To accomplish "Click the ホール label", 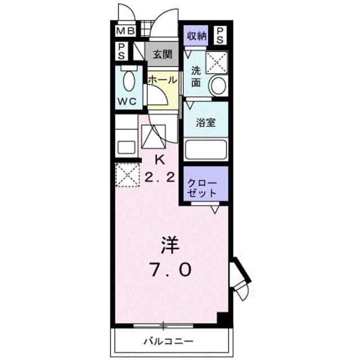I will [163, 80].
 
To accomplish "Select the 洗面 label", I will [195, 76].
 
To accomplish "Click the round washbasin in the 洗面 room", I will [217, 86].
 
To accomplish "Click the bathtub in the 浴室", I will [205, 149].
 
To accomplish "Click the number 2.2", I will [159, 177].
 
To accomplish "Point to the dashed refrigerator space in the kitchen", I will [127, 175].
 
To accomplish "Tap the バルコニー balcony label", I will [168, 341].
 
